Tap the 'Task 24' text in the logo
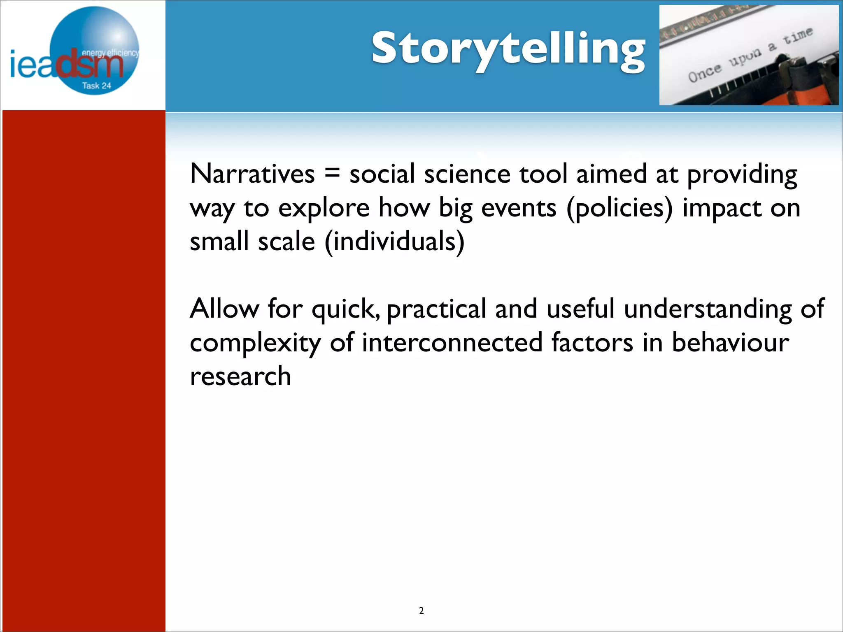(96, 86)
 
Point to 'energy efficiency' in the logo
(110, 53)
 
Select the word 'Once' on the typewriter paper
(705, 73)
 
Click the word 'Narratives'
(252, 174)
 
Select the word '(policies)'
(619, 208)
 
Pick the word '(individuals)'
(395, 242)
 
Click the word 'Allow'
(224, 309)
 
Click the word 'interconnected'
(452, 342)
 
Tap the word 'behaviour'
(730, 342)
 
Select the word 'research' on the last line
(240, 376)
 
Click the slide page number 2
(421, 611)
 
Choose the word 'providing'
(742, 174)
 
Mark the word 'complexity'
(255, 343)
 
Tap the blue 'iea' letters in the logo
(31, 65)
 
